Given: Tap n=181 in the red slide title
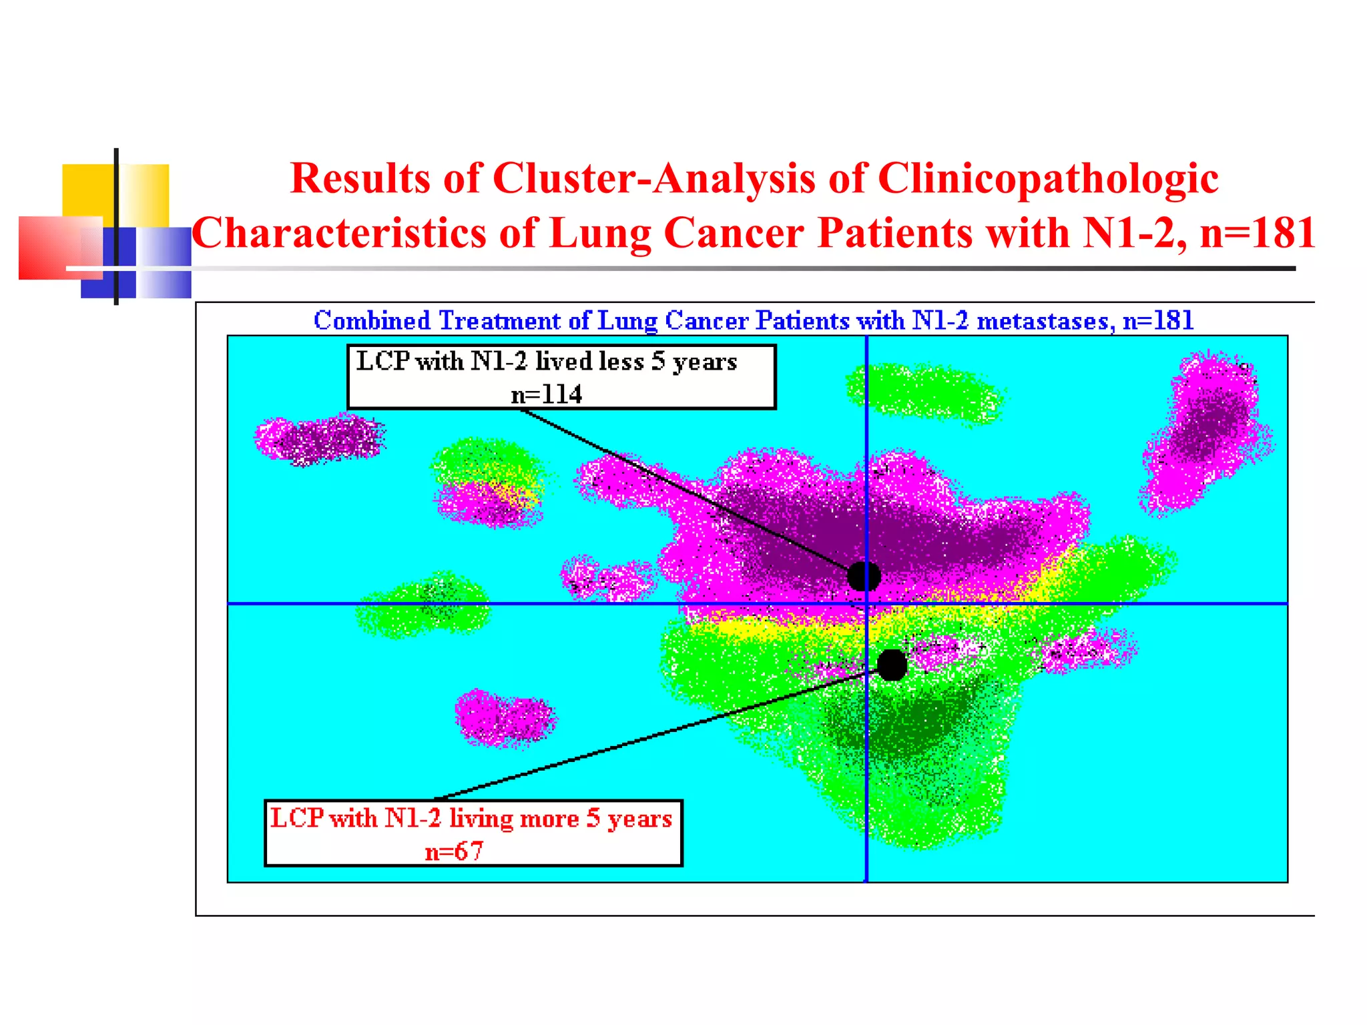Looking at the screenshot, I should tap(1258, 234).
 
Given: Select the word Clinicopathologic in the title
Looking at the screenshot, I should tap(1048, 179).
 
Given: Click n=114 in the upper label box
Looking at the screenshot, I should tap(546, 394).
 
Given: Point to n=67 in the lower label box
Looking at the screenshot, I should tap(454, 851).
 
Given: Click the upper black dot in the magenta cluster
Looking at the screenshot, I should tap(864, 576).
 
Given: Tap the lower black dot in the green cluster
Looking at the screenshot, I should tap(892, 665).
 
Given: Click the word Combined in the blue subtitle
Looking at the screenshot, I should tap(372, 321).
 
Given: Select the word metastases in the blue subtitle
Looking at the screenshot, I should tap(1045, 321).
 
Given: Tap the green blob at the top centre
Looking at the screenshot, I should tap(924, 392).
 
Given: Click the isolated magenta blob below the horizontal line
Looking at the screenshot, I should tap(505, 718).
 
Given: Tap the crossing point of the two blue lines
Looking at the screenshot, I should tap(866, 604).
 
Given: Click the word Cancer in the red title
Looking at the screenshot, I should tap(734, 234).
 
